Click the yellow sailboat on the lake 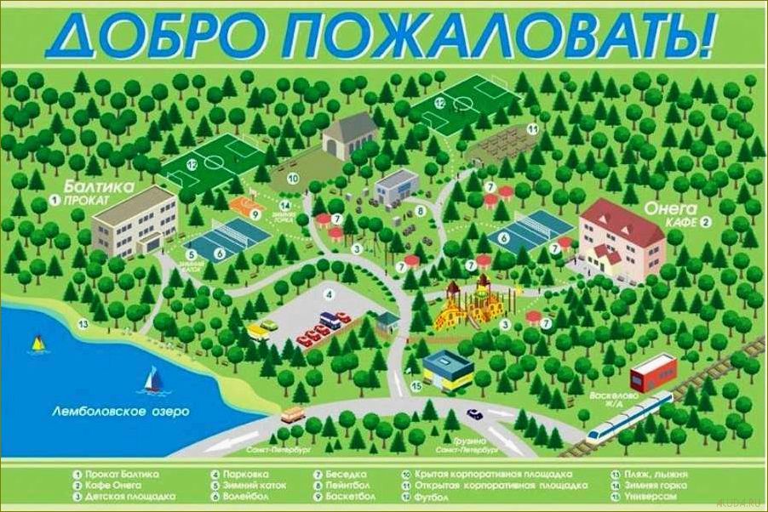[37, 343]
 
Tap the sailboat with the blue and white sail [153, 379]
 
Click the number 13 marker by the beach [83, 323]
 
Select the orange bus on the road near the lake [292, 415]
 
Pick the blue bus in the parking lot [331, 320]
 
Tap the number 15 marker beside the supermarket [416, 385]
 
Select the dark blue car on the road [474, 413]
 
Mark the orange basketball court [247, 205]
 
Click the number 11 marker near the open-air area [531, 129]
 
